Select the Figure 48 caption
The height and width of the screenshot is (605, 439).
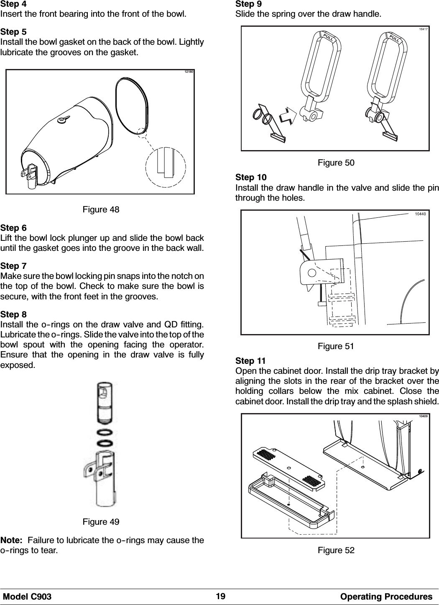click(x=101, y=209)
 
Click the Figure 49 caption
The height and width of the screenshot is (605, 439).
click(x=101, y=522)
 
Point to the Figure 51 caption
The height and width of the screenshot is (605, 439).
click(x=336, y=346)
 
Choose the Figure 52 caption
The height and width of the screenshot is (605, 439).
click(x=336, y=550)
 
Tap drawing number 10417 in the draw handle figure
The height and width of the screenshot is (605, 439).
click(x=423, y=29)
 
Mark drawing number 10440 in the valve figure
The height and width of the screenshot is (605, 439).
click(x=420, y=214)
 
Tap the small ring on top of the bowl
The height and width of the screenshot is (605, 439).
click(x=61, y=121)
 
